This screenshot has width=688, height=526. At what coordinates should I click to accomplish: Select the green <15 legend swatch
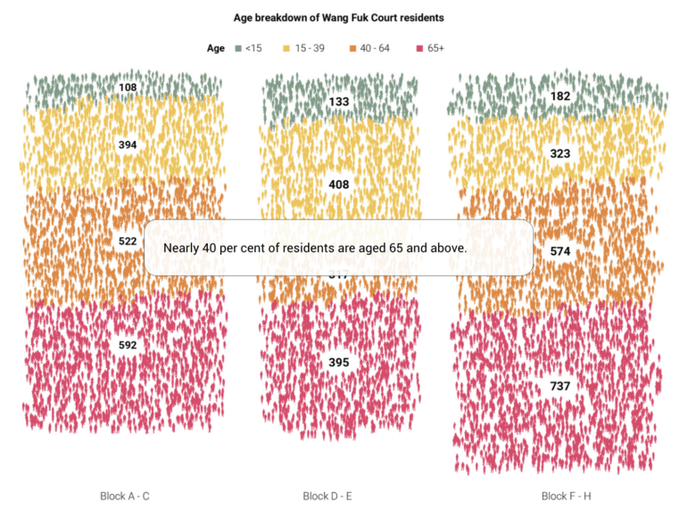pos(238,48)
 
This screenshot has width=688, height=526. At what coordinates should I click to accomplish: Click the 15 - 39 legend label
pos(312,48)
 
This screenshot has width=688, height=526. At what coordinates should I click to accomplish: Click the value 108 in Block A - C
pos(128,88)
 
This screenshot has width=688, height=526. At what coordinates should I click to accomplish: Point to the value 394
pos(128,144)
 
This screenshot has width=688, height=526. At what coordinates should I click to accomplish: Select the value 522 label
pos(128,242)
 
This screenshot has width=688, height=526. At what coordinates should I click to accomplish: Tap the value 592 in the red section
pos(128,345)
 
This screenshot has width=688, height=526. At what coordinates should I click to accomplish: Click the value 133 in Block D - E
pos(339,103)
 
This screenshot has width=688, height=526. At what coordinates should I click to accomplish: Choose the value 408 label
pos(339,185)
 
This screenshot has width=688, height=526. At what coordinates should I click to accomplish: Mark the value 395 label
pos(339,363)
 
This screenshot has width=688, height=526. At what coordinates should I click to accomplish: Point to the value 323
pos(560,154)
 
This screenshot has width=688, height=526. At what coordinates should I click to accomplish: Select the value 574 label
pos(560,252)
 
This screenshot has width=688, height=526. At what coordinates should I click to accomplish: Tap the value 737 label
pos(560,386)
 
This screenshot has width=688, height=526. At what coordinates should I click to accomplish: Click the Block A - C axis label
pos(125,496)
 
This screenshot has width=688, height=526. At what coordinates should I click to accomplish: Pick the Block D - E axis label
pos(327,496)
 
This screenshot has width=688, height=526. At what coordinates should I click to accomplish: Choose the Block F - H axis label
pos(566,496)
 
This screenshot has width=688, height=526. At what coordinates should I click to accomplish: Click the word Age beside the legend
pos(216,48)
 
